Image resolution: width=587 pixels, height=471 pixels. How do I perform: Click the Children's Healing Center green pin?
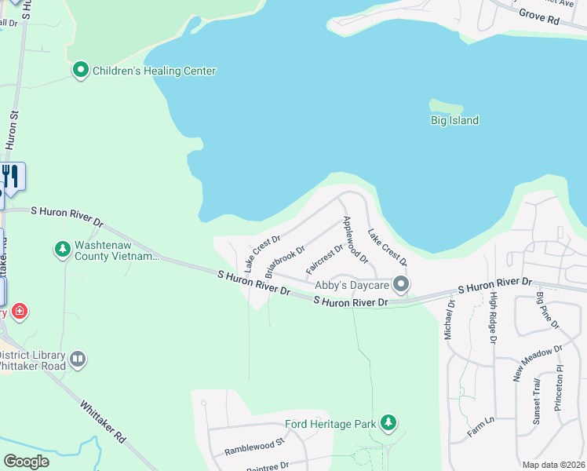[x=80, y=71]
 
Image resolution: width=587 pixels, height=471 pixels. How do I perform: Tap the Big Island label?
[x=454, y=120]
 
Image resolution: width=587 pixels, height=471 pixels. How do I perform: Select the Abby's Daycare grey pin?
[x=401, y=284]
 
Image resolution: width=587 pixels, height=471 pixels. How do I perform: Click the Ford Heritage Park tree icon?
[x=388, y=424]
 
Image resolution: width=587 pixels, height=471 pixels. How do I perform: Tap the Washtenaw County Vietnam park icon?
[x=62, y=250]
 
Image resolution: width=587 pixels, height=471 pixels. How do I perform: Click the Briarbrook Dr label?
[x=284, y=262]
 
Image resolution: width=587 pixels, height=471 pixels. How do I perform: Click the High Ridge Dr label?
[x=493, y=318]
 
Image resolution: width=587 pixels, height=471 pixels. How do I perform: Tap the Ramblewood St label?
[x=253, y=447]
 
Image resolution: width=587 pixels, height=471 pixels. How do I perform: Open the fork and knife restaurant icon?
[x=10, y=175]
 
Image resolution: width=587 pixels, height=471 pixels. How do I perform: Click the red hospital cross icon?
[x=20, y=312]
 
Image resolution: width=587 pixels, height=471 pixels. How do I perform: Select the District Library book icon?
[x=77, y=360]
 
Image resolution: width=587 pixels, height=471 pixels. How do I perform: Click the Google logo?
[x=26, y=462]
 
